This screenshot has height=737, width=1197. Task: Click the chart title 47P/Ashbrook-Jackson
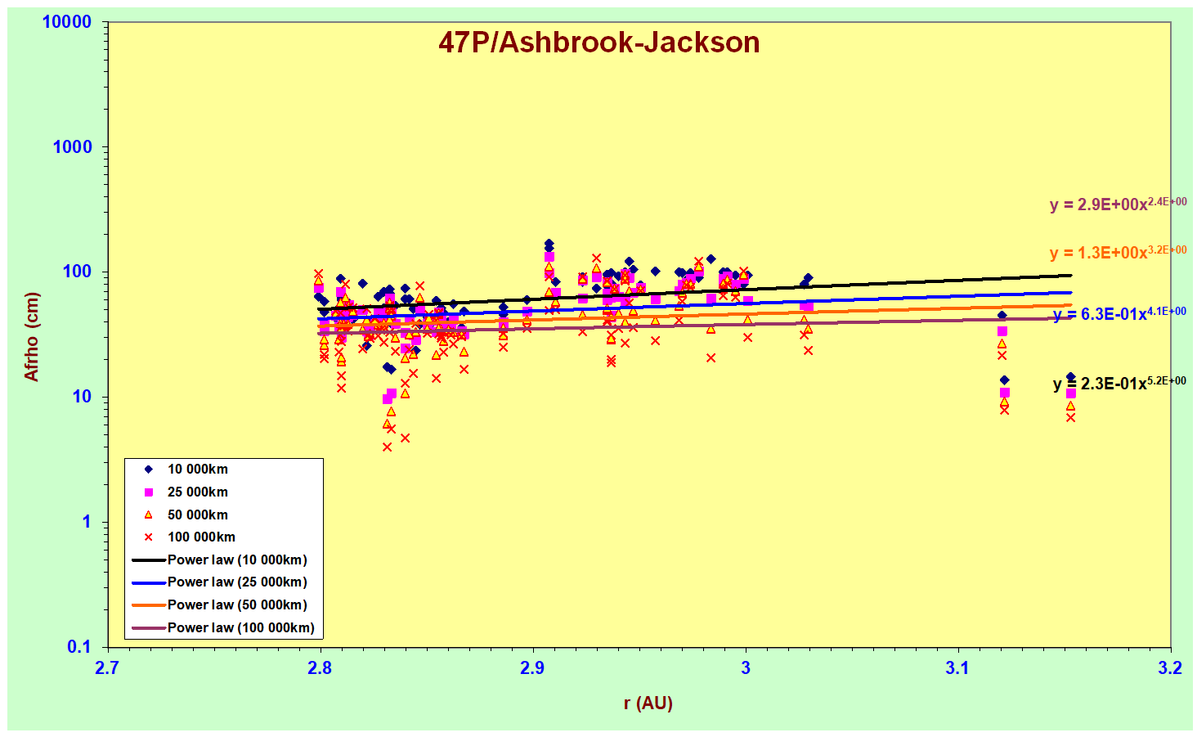click(598, 43)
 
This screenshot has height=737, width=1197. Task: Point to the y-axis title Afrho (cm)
click(32, 336)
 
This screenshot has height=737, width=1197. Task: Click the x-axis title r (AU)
click(648, 703)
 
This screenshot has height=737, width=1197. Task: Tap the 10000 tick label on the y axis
click(67, 22)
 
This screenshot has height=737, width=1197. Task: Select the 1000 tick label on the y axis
click(73, 147)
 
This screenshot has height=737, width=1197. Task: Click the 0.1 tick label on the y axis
click(78, 647)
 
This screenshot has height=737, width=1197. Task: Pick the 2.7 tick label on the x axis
click(106, 668)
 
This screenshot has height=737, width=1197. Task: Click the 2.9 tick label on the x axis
click(532, 668)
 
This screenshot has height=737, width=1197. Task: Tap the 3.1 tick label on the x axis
click(957, 668)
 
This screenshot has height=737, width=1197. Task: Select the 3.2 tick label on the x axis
click(1170, 668)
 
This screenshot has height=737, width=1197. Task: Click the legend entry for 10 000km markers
click(197, 470)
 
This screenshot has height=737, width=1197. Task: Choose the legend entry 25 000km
click(197, 492)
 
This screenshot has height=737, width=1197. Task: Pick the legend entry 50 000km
click(197, 515)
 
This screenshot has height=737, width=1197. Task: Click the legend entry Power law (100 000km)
click(240, 628)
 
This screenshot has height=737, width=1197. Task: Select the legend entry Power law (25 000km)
click(237, 582)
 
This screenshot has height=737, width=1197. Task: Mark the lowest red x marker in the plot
click(387, 447)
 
